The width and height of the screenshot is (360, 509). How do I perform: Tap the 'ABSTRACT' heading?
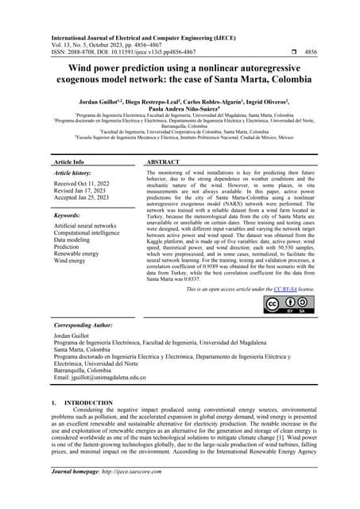click(x=165, y=161)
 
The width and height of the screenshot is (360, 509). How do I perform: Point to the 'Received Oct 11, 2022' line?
click(x=85, y=185)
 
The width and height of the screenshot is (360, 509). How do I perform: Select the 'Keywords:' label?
click(x=69, y=216)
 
